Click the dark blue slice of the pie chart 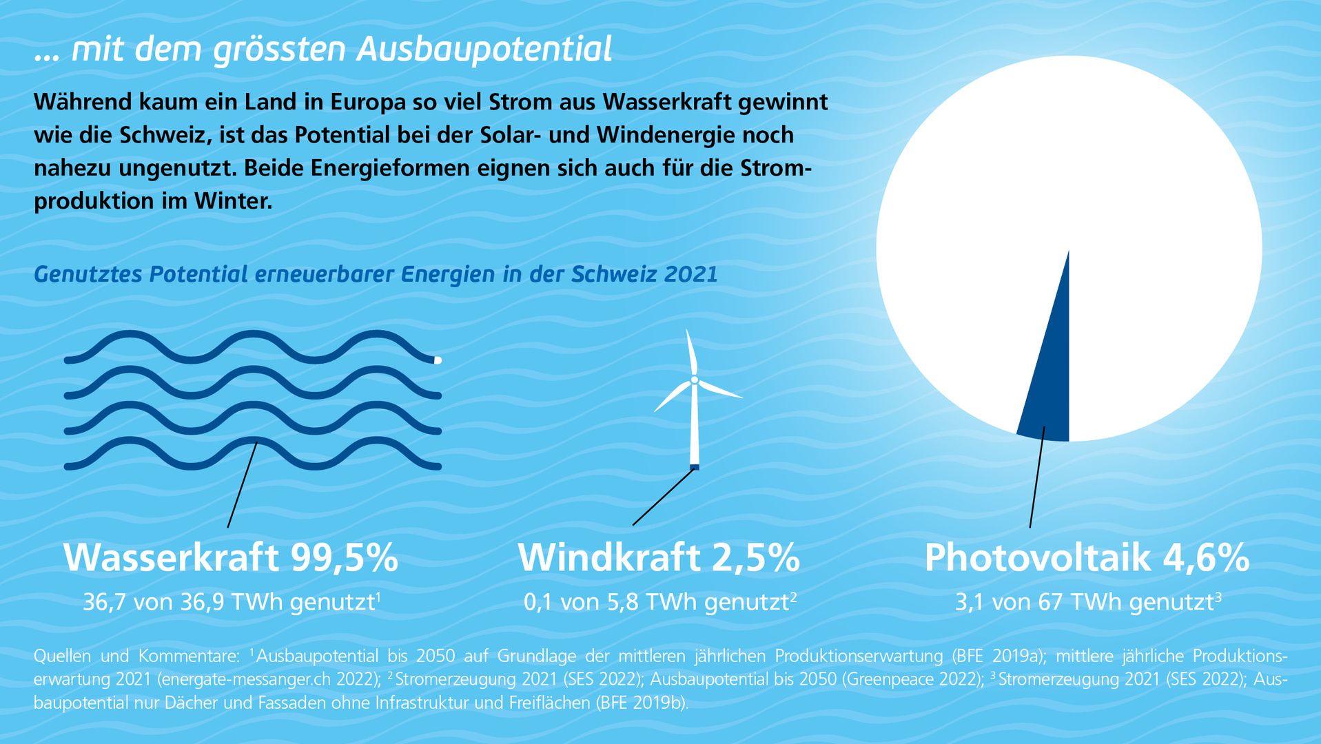coord(1051,386)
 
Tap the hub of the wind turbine coord(695,380)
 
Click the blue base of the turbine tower coord(695,468)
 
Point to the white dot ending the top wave coord(438,360)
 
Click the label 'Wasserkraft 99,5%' coord(231,557)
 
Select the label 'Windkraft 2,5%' coord(659,557)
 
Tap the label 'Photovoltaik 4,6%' coord(1087,557)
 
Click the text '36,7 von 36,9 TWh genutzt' coord(229,603)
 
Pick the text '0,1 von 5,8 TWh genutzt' coord(656,603)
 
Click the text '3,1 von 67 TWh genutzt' coord(1083,603)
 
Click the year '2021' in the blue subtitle coord(691,274)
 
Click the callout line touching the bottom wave coord(241,486)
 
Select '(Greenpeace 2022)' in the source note coord(912,679)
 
